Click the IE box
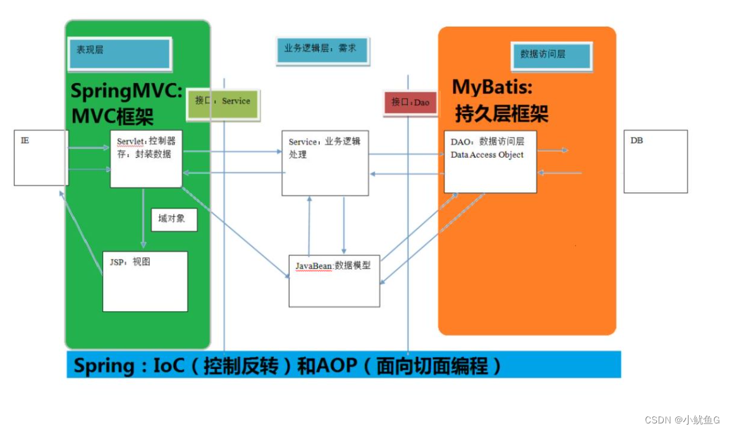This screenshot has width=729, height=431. point(41,158)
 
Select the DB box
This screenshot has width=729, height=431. point(656,161)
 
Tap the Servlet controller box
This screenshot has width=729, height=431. point(146,159)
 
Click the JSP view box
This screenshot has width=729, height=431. point(145,282)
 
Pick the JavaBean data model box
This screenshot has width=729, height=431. point(334,280)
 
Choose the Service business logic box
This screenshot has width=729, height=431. point(325,163)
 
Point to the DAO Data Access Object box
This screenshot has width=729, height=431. point(491,161)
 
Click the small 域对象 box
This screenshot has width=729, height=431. point(175,220)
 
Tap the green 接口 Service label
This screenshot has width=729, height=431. point(223,104)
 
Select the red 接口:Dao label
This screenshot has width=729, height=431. point(410,103)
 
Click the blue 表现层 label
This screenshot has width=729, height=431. point(120,54)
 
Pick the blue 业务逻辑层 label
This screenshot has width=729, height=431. point(322,50)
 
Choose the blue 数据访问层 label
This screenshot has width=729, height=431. point(551,56)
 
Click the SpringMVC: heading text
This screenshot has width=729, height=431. point(126,91)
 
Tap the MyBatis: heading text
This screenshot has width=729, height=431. point(493,87)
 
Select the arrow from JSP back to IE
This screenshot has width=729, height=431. point(81,232)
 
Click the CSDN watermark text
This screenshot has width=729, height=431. point(682,420)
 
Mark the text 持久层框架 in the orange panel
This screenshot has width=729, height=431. point(501,113)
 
